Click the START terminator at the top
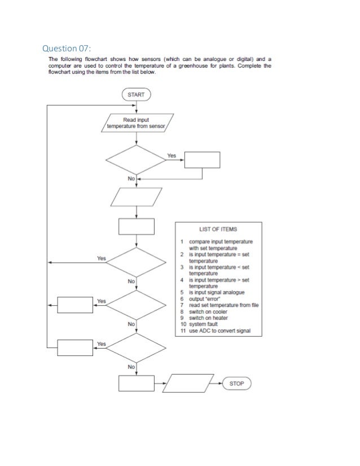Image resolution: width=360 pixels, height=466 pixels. click(x=136, y=95)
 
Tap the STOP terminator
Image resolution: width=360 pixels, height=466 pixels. click(x=237, y=384)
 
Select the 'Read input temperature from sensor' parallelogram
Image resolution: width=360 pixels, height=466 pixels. click(x=136, y=124)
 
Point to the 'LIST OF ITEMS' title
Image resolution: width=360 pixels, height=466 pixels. click(x=218, y=230)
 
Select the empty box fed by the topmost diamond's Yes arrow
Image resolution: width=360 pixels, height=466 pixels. click(x=202, y=160)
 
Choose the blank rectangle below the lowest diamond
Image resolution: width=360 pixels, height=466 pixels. click(x=136, y=384)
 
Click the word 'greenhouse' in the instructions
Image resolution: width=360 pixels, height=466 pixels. click(x=209, y=65)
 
